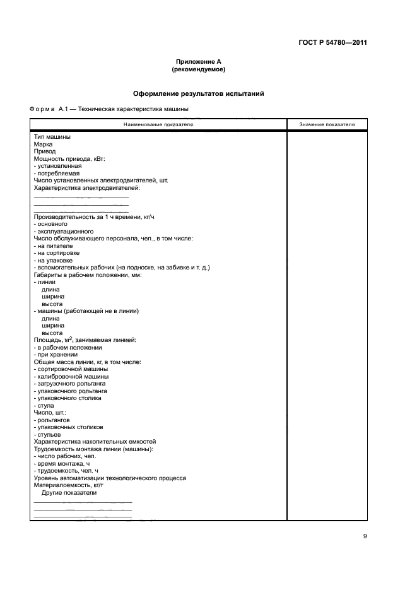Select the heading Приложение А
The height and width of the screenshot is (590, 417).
[x=198, y=62]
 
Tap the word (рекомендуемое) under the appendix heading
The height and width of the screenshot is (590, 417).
[x=198, y=69]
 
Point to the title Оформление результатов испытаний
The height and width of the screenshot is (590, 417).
[x=198, y=93]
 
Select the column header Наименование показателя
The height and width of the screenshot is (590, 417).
[x=158, y=124]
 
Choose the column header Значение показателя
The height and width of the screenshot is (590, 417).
[x=327, y=124]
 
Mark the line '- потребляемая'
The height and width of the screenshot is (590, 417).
[x=57, y=173]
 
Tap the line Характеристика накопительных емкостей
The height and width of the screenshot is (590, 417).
[x=94, y=442]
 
